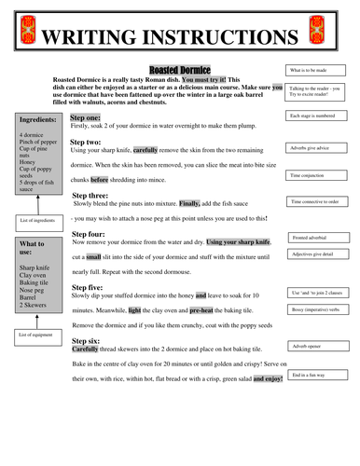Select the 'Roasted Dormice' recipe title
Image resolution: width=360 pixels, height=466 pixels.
click(x=180, y=70)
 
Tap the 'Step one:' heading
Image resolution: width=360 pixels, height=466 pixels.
click(x=90, y=118)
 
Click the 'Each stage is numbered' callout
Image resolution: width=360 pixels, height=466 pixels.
click(x=320, y=116)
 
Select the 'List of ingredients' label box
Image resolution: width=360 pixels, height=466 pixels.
click(x=36, y=220)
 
